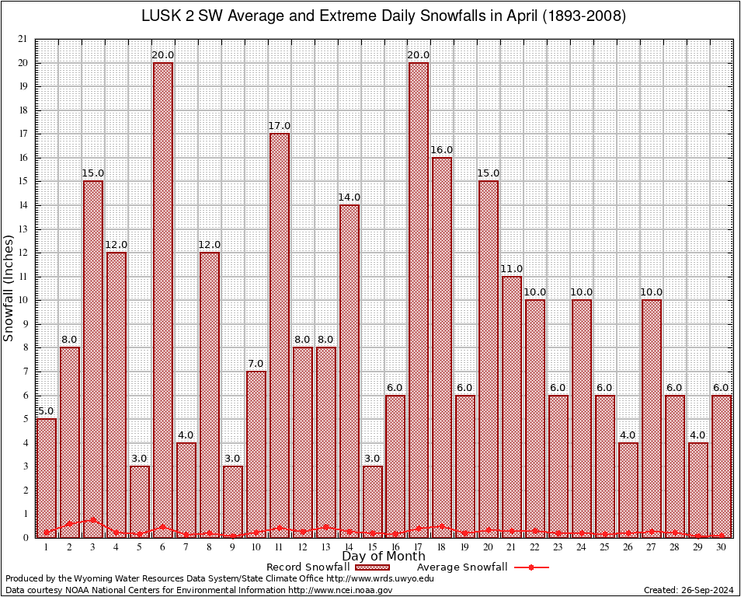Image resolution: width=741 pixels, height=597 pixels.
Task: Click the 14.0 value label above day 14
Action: pyautogui.click(x=349, y=197)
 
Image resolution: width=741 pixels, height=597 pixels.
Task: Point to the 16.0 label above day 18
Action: pyautogui.click(x=442, y=150)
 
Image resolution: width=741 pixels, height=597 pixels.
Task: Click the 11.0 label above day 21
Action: pyautogui.click(x=512, y=269)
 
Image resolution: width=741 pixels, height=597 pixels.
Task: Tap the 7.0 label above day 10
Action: pyautogui.click(x=256, y=364)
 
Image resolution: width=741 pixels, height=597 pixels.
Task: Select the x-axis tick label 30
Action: pyautogui.click(x=722, y=547)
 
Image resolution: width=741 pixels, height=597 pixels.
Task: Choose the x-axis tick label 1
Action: pyautogui.click(x=47, y=547)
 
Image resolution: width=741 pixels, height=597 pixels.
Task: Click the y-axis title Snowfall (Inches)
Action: pyautogui.click(x=9, y=288)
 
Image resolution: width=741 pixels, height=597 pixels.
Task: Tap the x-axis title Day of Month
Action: pyautogui.click(x=383, y=557)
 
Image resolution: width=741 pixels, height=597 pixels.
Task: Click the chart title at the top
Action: pyautogui.click(x=383, y=16)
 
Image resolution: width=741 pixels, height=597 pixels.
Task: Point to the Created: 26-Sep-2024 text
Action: pyautogui.click(x=689, y=590)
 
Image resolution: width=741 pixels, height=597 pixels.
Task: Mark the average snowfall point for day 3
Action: pyautogui.click(x=93, y=519)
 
